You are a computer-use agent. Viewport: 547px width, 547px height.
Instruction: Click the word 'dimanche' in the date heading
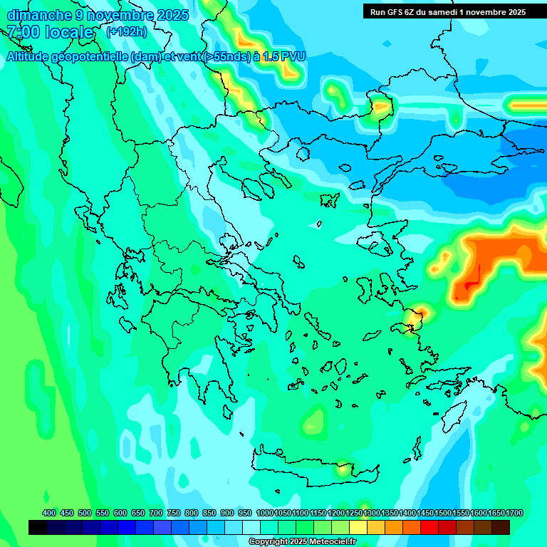click(39, 15)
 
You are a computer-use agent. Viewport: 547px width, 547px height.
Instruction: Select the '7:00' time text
click(23, 32)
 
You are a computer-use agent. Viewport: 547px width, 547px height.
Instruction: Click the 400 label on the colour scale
click(49, 513)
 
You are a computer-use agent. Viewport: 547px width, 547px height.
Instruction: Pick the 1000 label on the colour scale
click(265, 513)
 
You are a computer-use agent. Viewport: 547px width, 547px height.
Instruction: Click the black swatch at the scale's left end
click(38, 528)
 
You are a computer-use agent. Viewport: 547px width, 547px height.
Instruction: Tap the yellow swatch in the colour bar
click(358, 528)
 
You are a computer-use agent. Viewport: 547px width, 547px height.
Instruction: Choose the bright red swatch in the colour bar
click(429, 528)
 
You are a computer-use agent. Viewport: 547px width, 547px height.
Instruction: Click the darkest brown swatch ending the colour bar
click(501, 528)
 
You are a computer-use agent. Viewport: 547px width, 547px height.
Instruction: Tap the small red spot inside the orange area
click(469, 288)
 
